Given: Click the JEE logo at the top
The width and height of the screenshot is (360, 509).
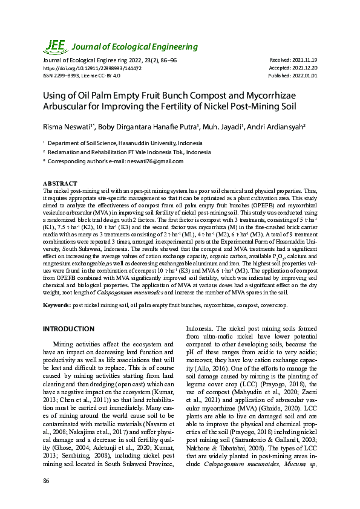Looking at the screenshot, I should pos(56,46).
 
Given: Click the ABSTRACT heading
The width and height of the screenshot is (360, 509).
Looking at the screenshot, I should pos(60,183).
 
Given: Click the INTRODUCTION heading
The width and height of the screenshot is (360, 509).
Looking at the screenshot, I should pos(68,329).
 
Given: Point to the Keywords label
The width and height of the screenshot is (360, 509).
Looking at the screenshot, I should pos(57,305).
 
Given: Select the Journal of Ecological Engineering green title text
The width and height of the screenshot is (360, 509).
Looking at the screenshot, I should pos(135,47).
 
